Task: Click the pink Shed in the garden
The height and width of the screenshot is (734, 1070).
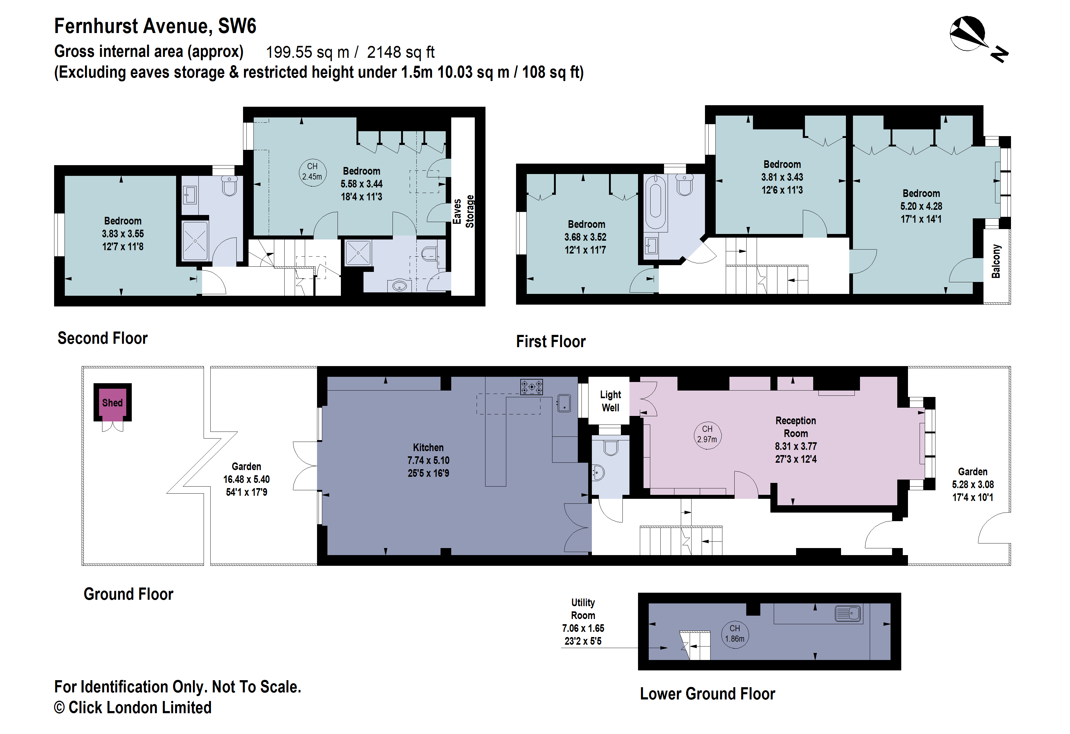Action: point(112,403)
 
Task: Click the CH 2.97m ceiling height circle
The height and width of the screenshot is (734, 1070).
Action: point(707,434)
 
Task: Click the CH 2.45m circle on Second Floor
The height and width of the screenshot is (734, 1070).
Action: point(312,171)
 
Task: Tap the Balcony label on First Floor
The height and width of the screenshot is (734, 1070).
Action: point(996,261)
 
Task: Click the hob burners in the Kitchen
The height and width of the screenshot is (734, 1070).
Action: point(531,387)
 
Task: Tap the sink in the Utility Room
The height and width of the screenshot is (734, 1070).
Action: point(848,614)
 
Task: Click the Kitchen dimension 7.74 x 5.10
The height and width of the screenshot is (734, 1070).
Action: point(428,460)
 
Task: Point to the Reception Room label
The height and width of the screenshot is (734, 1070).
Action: point(795,427)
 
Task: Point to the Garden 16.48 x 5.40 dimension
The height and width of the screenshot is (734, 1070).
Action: point(246,479)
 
